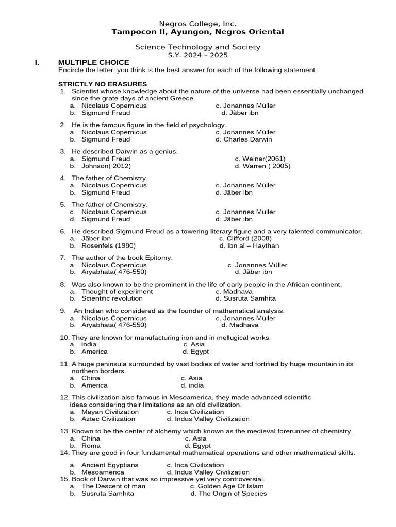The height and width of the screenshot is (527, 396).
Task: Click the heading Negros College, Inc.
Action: pos(198,24)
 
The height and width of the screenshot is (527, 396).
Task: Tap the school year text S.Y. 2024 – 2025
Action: pos(198,55)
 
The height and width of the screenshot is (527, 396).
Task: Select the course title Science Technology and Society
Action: pos(198,47)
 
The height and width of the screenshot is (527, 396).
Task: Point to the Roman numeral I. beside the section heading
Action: pos(37,63)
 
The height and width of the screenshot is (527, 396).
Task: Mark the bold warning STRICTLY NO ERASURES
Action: pos(103,84)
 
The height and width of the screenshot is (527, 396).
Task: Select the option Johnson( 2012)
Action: pos(106,166)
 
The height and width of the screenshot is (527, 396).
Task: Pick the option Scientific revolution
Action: pos(112,298)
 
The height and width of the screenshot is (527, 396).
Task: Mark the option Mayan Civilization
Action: pos(110,412)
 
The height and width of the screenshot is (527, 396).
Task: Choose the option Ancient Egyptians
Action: pos(110,465)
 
